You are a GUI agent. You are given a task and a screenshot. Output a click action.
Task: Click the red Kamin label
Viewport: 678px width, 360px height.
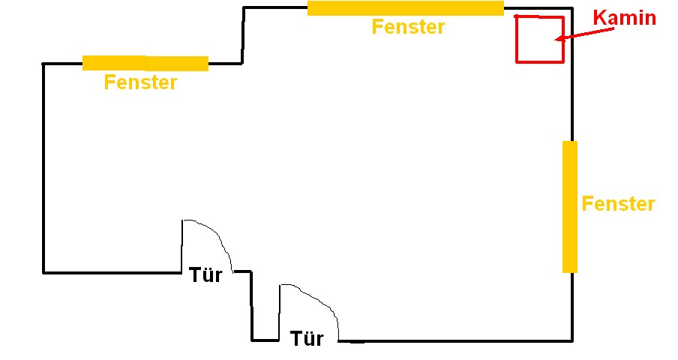(x=624, y=18)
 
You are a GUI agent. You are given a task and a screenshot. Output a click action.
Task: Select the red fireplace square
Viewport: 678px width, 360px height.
(x=539, y=38)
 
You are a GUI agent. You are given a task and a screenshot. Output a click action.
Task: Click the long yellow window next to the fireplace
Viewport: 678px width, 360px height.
(x=405, y=8)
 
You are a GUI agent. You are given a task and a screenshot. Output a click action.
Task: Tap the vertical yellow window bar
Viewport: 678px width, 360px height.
(x=570, y=206)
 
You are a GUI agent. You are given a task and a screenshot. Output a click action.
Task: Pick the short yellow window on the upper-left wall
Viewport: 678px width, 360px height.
(x=145, y=64)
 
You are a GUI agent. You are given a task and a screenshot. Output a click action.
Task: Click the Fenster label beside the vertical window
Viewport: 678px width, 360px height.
(x=618, y=204)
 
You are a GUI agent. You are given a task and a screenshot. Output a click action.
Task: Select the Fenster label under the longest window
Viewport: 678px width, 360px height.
(x=408, y=28)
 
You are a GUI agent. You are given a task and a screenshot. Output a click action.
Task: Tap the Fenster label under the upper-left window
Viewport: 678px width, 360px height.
(x=140, y=82)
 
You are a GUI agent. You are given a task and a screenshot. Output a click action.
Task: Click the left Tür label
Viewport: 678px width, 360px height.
(x=205, y=275)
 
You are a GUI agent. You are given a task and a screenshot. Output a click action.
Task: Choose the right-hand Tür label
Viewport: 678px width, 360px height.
(x=307, y=339)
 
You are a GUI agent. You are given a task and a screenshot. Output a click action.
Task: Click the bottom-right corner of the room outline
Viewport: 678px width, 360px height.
(x=574, y=341)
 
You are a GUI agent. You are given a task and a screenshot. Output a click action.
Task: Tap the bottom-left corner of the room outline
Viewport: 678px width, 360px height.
(x=43, y=272)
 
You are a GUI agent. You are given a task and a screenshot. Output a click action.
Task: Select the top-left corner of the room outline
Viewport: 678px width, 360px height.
(x=43, y=64)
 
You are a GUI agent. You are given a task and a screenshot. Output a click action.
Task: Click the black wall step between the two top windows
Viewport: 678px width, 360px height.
(x=242, y=35)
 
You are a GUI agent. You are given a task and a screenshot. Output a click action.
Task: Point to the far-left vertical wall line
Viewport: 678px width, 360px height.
(x=43, y=169)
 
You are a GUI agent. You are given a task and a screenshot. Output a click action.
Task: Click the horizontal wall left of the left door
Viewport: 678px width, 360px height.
(x=112, y=272)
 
